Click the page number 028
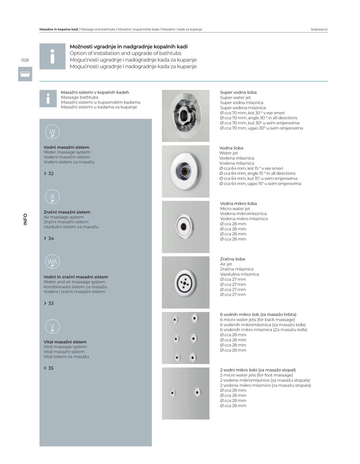(x=25, y=60)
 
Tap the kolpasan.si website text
(x=319, y=29)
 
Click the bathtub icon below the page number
(x=25, y=74)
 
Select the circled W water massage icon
(x=52, y=132)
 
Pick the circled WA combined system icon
(x=52, y=261)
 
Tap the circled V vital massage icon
(x=52, y=326)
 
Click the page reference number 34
(x=51, y=238)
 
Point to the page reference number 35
(x=51, y=368)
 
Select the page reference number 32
(x=51, y=173)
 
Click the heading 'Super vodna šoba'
(x=238, y=92)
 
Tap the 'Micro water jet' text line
(x=235, y=208)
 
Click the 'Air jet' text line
(x=226, y=264)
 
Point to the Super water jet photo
(x=185, y=116)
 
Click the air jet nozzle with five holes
(x=184, y=282)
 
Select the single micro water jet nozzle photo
(x=184, y=227)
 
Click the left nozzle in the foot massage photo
(x=173, y=393)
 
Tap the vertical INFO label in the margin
(x=26, y=219)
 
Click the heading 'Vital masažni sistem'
(x=65, y=342)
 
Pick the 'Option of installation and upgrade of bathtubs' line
(x=126, y=53)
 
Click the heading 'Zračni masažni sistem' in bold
(x=67, y=212)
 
